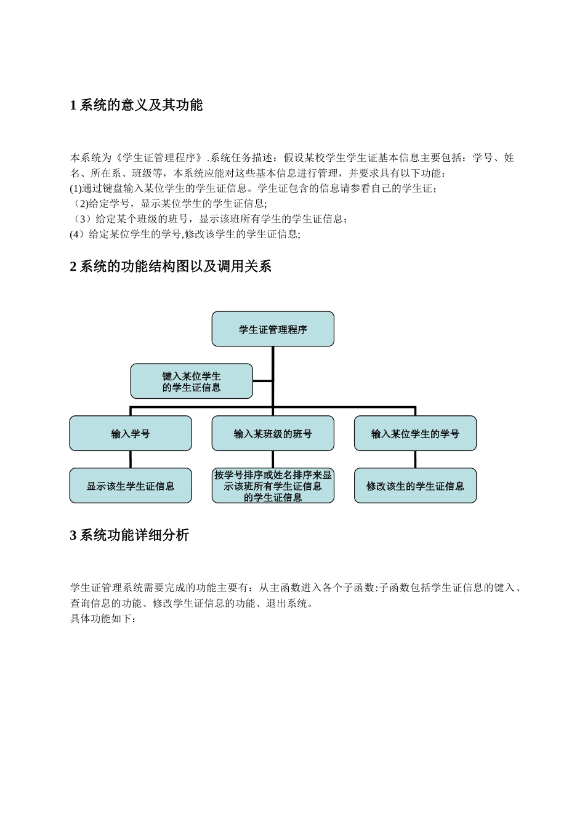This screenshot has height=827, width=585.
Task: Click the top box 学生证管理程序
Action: tap(273, 329)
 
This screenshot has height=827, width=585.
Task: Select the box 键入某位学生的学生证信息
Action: tap(192, 382)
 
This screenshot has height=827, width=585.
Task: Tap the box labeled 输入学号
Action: tap(131, 434)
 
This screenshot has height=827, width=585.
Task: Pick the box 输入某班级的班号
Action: tap(273, 434)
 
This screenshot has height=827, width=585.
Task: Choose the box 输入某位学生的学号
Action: tap(415, 434)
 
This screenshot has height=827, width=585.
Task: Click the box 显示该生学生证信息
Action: tap(131, 486)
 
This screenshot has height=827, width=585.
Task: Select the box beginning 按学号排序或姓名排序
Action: tap(273, 486)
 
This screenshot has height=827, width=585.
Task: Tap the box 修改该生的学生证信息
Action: tap(415, 486)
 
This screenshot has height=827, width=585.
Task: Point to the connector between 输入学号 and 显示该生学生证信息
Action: tap(131, 460)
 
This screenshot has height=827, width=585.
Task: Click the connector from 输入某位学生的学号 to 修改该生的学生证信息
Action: tap(415, 460)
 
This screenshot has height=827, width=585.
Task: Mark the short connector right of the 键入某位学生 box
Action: tap(262, 381)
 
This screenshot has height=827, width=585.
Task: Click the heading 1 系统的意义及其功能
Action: tap(136, 105)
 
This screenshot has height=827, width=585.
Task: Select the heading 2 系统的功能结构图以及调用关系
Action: tap(171, 266)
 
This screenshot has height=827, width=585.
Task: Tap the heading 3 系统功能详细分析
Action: tap(129, 535)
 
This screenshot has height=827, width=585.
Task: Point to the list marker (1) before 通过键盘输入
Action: tap(76, 188)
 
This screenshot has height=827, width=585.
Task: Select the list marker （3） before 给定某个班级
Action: tap(82, 219)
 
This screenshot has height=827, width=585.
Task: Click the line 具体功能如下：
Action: tap(103, 619)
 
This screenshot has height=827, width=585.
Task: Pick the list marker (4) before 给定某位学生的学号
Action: tap(76, 234)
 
